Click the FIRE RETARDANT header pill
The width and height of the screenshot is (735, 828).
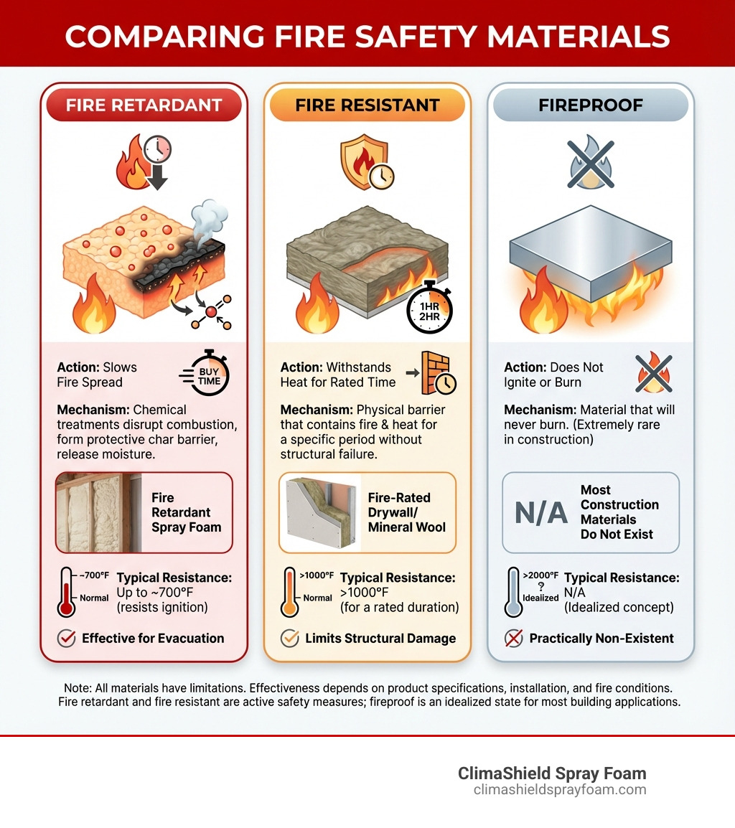coord(144,105)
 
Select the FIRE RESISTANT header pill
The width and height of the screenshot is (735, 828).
coord(367,105)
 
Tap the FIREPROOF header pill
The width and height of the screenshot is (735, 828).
coord(590,105)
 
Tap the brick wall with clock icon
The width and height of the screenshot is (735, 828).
coord(437,374)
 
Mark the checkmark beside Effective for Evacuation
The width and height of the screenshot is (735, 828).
coord(66,639)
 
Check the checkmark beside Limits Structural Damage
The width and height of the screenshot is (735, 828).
coord(289,639)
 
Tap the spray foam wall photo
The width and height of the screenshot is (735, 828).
coord(99,512)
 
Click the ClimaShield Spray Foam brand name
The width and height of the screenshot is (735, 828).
coord(552,774)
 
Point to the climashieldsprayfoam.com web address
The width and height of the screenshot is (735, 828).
coord(560,790)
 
